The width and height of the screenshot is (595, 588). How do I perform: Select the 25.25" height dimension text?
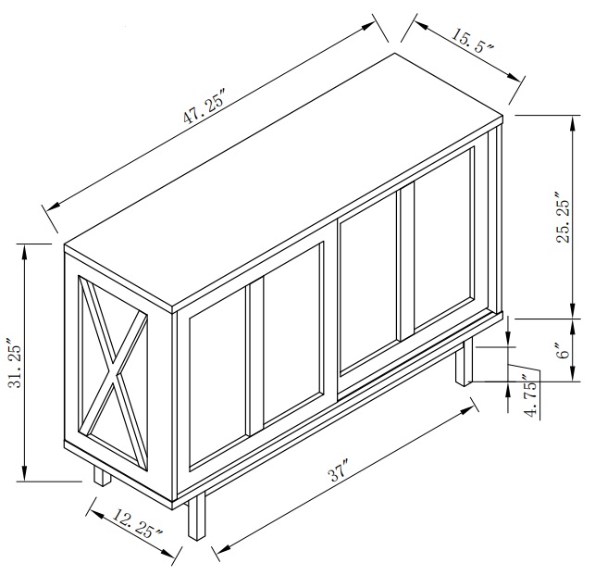click(561, 219)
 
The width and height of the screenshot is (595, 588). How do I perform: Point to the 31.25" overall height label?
click(12, 364)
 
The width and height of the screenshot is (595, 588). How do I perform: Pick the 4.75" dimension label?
click(528, 395)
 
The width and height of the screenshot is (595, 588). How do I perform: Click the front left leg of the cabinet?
click(195, 519)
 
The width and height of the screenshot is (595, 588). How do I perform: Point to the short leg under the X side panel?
click(101, 475)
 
